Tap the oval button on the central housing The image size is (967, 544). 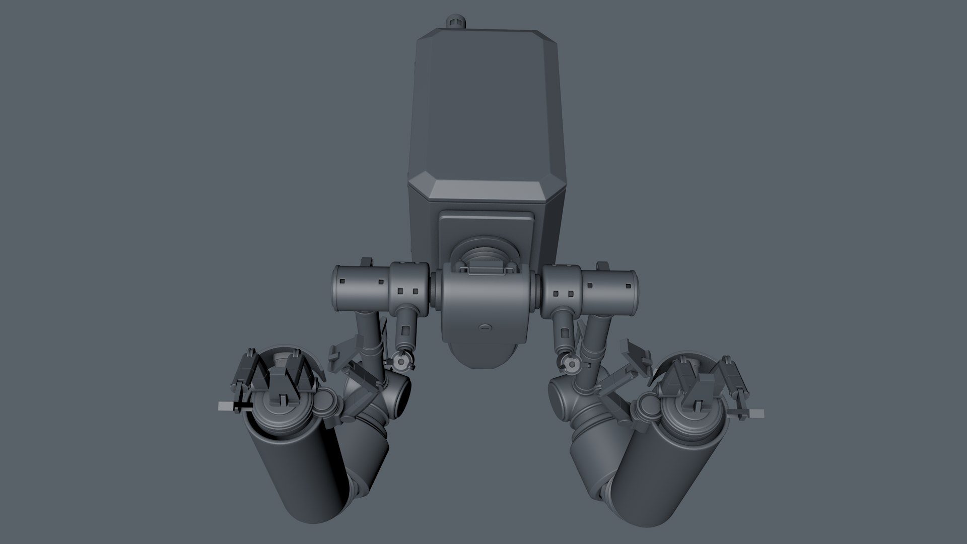pyautogui.click(x=485, y=327)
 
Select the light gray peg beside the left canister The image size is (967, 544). pyautogui.click(x=226, y=406)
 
